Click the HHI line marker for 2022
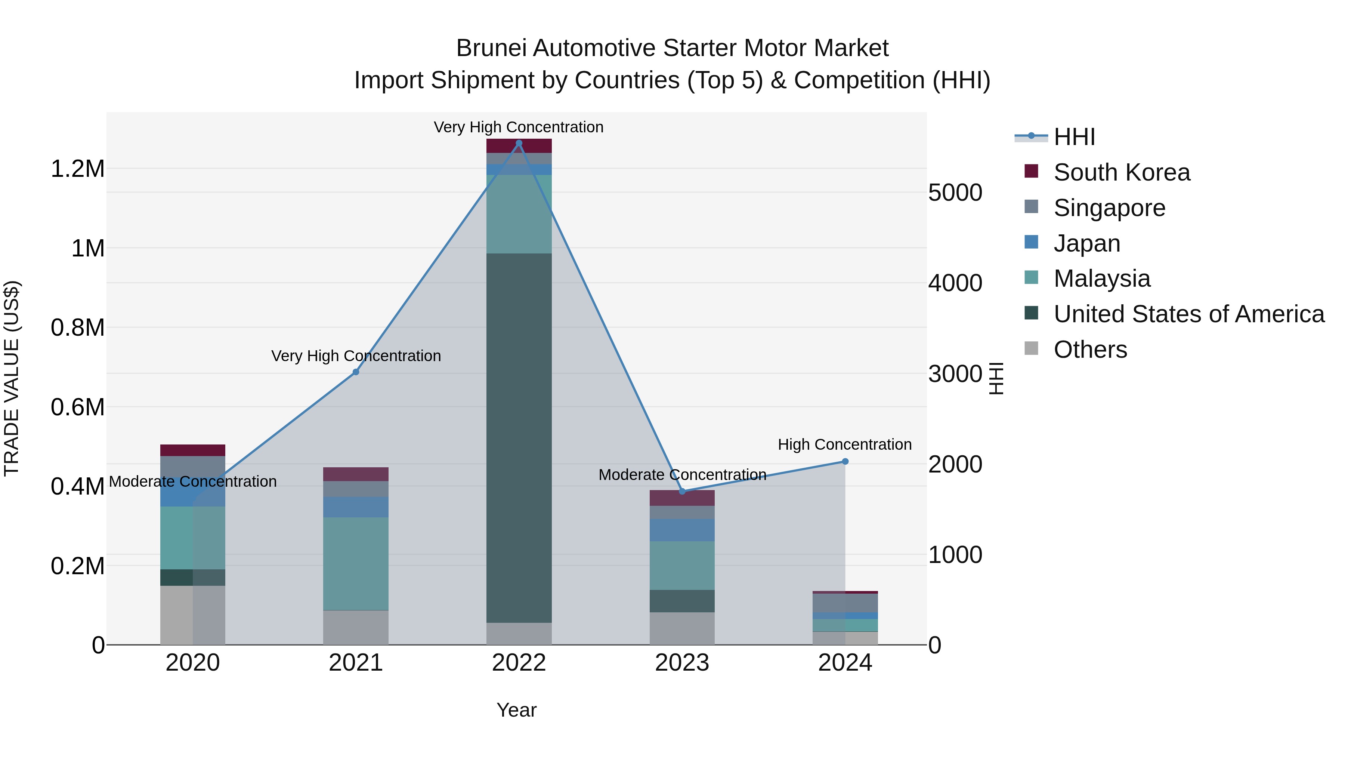point(519,143)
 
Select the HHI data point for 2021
point(356,372)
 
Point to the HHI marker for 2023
point(682,491)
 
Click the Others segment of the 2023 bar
point(682,628)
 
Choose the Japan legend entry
point(1086,243)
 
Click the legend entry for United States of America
point(1188,314)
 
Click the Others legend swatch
point(1031,348)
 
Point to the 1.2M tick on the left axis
point(77,169)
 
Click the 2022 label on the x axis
point(519,663)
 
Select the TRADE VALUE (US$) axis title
point(12,378)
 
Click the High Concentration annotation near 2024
point(844,444)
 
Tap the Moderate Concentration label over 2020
point(193,481)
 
